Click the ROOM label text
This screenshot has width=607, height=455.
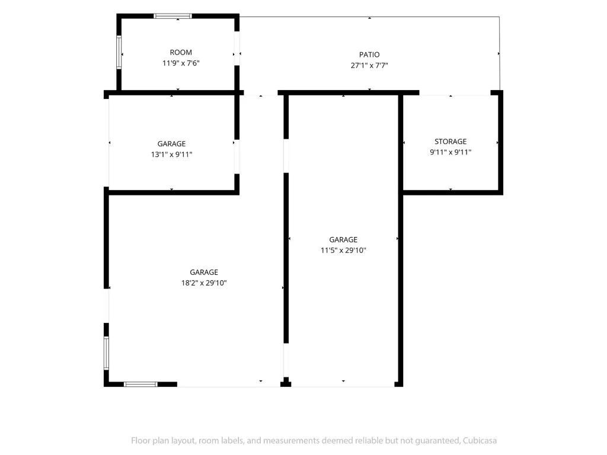(x=181, y=52)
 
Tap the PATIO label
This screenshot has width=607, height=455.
(x=369, y=55)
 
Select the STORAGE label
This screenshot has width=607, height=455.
(x=451, y=142)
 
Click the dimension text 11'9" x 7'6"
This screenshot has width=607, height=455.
(x=181, y=63)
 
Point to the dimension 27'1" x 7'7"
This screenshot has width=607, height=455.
(x=369, y=65)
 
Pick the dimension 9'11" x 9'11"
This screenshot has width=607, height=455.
(x=451, y=152)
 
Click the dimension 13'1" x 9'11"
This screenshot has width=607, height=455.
(x=171, y=155)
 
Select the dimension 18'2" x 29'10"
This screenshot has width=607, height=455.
(x=204, y=283)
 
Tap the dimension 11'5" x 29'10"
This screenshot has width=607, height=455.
(x=343, y=251)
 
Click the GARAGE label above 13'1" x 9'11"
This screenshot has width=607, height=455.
(x=171, y=144)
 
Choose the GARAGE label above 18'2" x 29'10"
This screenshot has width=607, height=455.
(x=204, y=273)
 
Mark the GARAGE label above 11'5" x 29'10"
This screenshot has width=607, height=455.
(x=343, y=240)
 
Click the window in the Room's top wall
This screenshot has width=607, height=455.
(x=172, y=16)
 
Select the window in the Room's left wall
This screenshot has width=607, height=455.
(x=119, y=52)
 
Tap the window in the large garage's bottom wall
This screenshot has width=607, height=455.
(x=140, y=384)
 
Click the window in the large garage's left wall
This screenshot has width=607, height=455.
(x=106, y=353)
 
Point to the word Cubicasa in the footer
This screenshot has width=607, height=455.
(x=480, y=441)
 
